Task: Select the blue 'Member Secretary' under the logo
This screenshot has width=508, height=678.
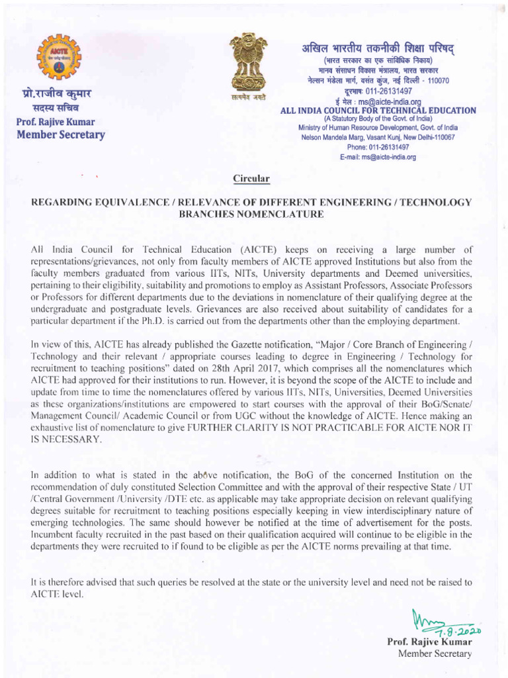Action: coord(60,135)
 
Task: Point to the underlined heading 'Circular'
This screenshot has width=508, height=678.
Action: coord(251,178)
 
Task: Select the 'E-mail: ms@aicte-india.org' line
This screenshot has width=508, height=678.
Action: coord(378,158)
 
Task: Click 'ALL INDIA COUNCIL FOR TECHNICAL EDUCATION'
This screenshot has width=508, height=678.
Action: coord(378,110)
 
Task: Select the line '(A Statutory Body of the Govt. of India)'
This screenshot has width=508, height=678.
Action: coord(378,119)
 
